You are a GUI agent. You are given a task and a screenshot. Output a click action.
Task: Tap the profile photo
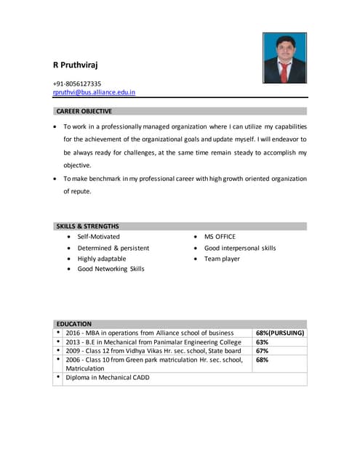tap(284, 58)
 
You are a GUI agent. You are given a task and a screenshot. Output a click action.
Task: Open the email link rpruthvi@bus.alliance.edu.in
tap(94, 92)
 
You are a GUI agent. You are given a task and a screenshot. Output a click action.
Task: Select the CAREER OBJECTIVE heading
tap(84, 112)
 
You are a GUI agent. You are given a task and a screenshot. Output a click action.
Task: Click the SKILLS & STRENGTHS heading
tap(87, 227)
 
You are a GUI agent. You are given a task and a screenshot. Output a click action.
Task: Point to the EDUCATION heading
tap(74, 323)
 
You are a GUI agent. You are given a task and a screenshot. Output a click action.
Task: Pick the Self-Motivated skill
tap(98, 237)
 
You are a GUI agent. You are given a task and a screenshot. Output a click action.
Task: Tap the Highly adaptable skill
tap(101, 259)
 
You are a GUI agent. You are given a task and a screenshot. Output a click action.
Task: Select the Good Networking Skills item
tap(111, 269)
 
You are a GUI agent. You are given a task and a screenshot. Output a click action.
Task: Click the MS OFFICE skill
tap(220, 237)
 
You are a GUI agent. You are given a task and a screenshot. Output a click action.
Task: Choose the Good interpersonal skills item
tap(240, 248)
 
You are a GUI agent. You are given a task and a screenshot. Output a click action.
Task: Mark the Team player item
tap(222, 259)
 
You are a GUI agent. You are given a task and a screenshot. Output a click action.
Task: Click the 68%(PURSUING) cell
tap(280, 333)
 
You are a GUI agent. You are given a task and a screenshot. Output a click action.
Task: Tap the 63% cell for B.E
tap(263, 342)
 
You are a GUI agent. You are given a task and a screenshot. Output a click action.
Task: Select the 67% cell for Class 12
tap(263, 351)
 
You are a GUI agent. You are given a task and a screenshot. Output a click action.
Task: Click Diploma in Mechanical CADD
tap(108, 378)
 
